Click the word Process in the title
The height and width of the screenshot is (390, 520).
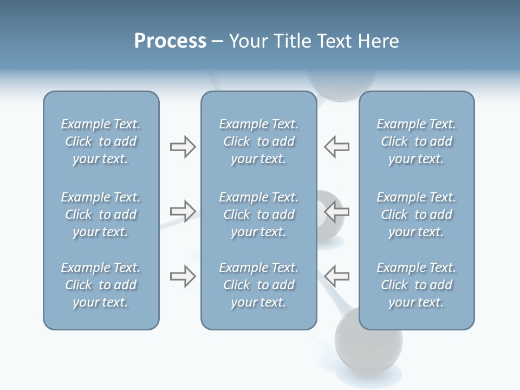tap(170, 41)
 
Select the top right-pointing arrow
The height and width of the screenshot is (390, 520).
tap(183, 147)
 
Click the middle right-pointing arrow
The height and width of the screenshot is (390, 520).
tap(183, 211)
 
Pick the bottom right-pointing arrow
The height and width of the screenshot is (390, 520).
tap(183, 276)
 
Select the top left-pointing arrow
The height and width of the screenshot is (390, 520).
tap(337, 147)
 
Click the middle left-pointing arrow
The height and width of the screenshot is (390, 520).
tap(337, 211)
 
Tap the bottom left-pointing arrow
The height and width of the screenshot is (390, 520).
tap(337, 276)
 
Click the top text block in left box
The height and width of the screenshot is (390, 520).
tap(101, 141)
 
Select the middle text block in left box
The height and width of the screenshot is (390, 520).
tap(101, 214)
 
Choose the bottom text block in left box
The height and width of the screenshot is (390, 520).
tap(101, 285)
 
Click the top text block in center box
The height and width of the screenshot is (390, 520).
tap(259, 141)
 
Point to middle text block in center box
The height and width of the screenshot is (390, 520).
tap(259, 214)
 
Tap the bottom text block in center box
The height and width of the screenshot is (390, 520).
tap(259, 285)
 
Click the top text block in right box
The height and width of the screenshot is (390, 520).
tap(417, 141)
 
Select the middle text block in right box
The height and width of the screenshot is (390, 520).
tap(417, 214)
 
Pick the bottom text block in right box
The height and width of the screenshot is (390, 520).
tap(417, 285)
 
